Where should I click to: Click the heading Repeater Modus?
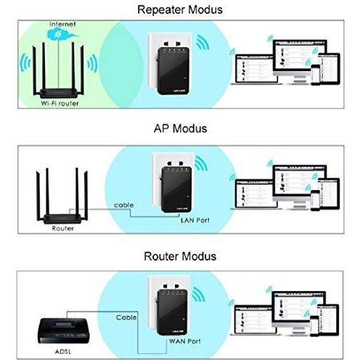coord(180,10)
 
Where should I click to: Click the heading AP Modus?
coord(180,128)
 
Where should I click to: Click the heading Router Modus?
coord(180,256)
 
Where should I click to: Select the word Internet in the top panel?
coord(61,24)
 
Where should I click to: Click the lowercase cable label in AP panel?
coord(123,205)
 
